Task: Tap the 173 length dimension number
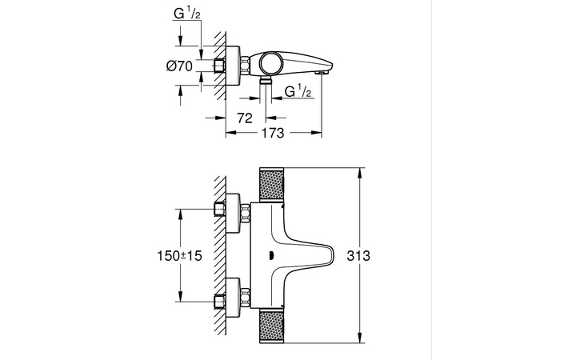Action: click(x=273, y=134)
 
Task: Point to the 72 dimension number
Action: click(x=245, y=118)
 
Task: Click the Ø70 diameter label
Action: click(x=179, y=66)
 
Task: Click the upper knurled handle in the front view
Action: click(x=270, y=185)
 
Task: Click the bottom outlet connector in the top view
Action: click(x=266, y=82)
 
